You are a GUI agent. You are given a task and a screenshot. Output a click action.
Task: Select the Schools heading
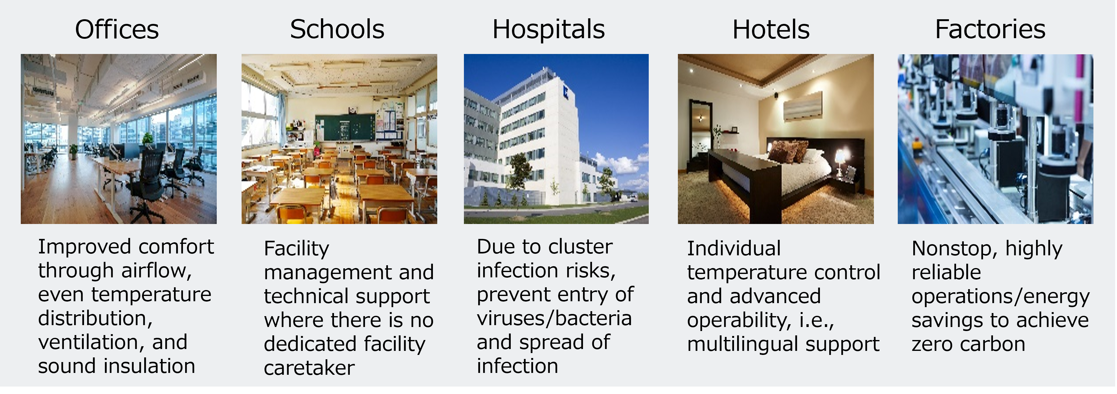(x=337, y=29)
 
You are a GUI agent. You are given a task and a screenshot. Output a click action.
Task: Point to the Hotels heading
(x=771, y=29)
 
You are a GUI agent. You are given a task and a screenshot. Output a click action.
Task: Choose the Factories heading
(x=990, y=29)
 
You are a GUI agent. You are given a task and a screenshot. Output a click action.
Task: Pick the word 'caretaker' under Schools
(x=309, y=368)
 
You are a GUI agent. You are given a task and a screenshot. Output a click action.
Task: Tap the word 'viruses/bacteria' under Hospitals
(x=554, y=319)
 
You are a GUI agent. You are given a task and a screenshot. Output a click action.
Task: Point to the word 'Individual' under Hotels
(x=734, y=248)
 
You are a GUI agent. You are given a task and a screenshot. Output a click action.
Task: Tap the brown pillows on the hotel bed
(x=788, y=152)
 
